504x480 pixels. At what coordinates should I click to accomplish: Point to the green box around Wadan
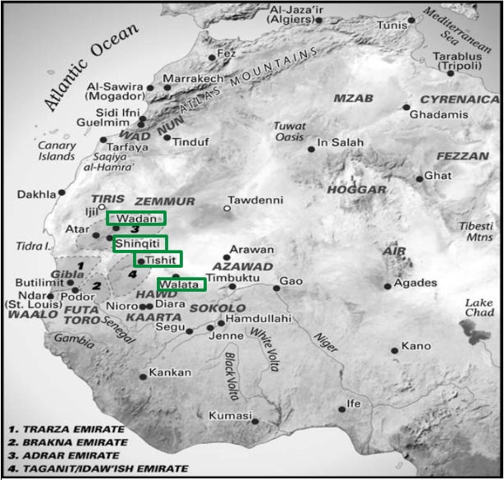tap(135, 218)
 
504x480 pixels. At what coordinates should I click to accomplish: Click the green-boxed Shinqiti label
tap(140, 243)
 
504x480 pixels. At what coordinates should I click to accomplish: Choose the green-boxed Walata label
tap(181, 284)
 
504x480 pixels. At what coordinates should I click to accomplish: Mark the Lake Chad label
tap(479, 307)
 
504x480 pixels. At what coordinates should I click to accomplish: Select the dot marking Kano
tap(395, 351)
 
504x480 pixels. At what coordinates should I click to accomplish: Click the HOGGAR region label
tap(356, 190)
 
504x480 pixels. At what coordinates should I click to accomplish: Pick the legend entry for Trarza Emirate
tap(66, 429)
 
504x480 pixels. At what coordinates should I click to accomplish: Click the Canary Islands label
tap(57, 151)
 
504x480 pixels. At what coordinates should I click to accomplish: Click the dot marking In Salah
tap(311, 149)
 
